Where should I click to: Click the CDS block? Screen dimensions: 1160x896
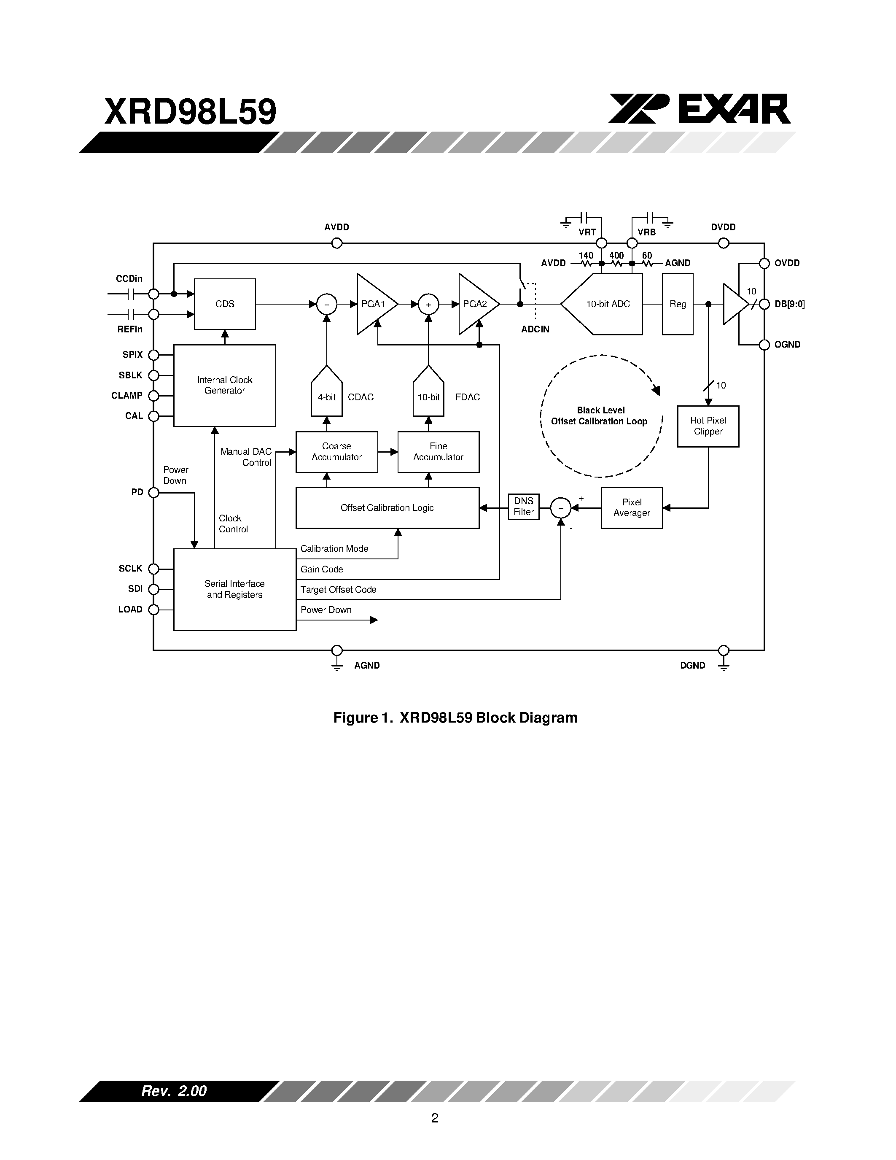pos(225,304)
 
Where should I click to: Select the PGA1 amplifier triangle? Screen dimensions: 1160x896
pos(373,304)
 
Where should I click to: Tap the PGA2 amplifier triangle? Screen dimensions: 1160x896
pos(475,304)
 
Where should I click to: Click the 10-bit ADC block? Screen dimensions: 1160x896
pos(605,304)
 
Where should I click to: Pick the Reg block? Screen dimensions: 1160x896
pos(677,304)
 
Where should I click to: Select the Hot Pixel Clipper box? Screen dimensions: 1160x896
pos(708,426)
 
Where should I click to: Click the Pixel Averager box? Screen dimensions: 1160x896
pos(631,508)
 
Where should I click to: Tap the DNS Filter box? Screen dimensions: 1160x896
pos(523,507)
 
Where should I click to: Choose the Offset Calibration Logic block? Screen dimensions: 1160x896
pos(387,508)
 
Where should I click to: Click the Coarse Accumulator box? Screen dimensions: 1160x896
pos(336,451)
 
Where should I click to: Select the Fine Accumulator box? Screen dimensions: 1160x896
pos(438,451)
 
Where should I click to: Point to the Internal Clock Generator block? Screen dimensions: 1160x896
pos(225,385)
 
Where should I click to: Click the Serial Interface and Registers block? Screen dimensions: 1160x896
pos(234,589)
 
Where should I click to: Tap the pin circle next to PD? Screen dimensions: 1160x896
pos(153,493)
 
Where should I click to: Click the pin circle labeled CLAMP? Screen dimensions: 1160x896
pos(153,396)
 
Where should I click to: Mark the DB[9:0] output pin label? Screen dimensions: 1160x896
pos(789,304)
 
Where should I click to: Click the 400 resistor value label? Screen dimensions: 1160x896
pos(616,256)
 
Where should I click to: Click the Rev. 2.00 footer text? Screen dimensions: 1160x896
pos(174,1091)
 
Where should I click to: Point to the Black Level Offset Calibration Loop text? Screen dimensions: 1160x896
pos(600,416)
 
